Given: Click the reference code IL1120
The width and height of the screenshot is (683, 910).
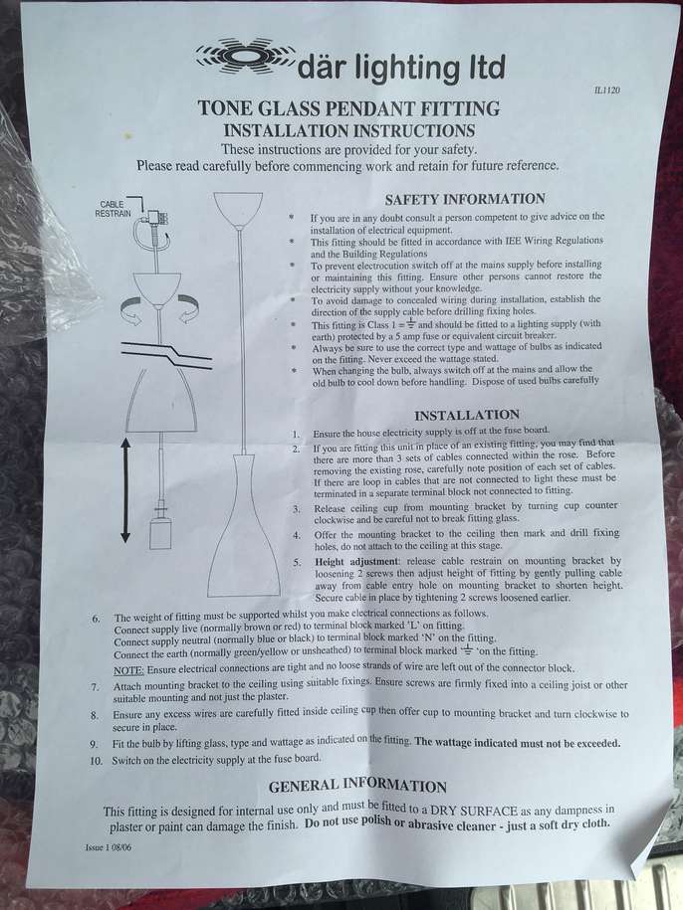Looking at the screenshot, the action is click(x=607, y=90).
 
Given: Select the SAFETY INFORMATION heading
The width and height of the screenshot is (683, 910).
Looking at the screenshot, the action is click(x=465, y=199).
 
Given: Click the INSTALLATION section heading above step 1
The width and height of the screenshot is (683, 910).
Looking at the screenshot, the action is click(x=466, y=415).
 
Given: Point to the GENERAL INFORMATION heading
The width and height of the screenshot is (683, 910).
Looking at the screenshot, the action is click(x=357, y=786).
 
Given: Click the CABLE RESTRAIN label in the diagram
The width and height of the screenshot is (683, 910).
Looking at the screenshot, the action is click(x=113, y=208).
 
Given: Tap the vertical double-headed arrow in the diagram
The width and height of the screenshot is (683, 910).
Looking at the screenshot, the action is click(x=124, y=490).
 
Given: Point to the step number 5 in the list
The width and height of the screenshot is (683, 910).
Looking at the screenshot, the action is click(x=297, y=562).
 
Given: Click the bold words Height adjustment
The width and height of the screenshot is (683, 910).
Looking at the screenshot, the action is click(x=356, y=561).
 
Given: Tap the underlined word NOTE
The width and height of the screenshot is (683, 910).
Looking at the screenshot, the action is click(x=128, y=670).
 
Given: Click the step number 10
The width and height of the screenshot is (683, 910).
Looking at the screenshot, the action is click(x=96, y=760).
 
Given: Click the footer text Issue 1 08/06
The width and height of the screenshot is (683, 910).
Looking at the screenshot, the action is click(x=108, y=847).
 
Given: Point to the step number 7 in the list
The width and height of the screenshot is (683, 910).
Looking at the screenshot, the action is click(x=95, y=687).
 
